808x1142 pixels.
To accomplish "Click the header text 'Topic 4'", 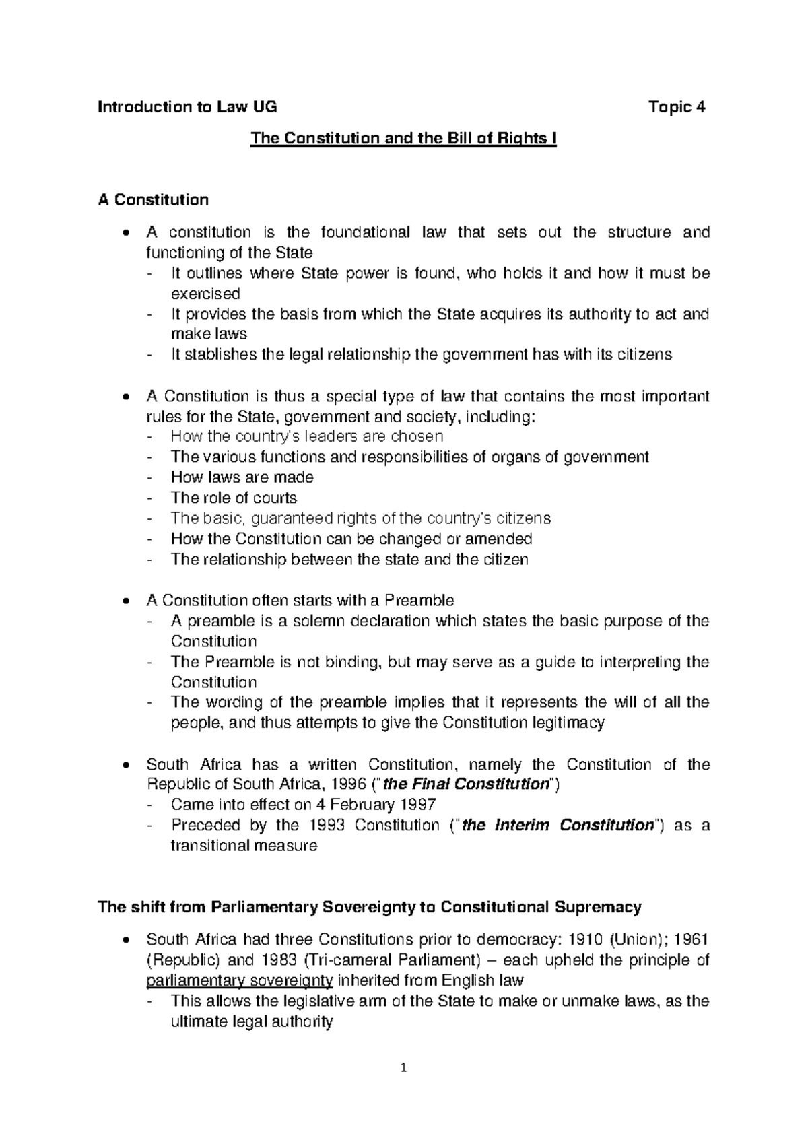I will coord(676,107).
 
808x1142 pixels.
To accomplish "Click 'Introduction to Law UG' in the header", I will coord(187,107).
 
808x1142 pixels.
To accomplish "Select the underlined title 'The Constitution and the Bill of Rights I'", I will coord(403,139).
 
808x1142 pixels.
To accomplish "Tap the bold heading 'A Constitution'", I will coord(153,200).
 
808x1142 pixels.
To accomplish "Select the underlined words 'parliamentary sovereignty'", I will coord(240,980).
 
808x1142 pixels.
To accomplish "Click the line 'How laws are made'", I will coord(242,477).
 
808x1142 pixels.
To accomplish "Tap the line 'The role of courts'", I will coord(234,498).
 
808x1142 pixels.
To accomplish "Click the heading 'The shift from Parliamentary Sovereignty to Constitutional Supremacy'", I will coord(370,907).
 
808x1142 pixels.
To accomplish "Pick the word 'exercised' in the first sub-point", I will coord(205,294).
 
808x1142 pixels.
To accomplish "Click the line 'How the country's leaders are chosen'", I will coord(306,436).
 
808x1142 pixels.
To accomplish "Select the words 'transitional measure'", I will coord(243,846).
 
